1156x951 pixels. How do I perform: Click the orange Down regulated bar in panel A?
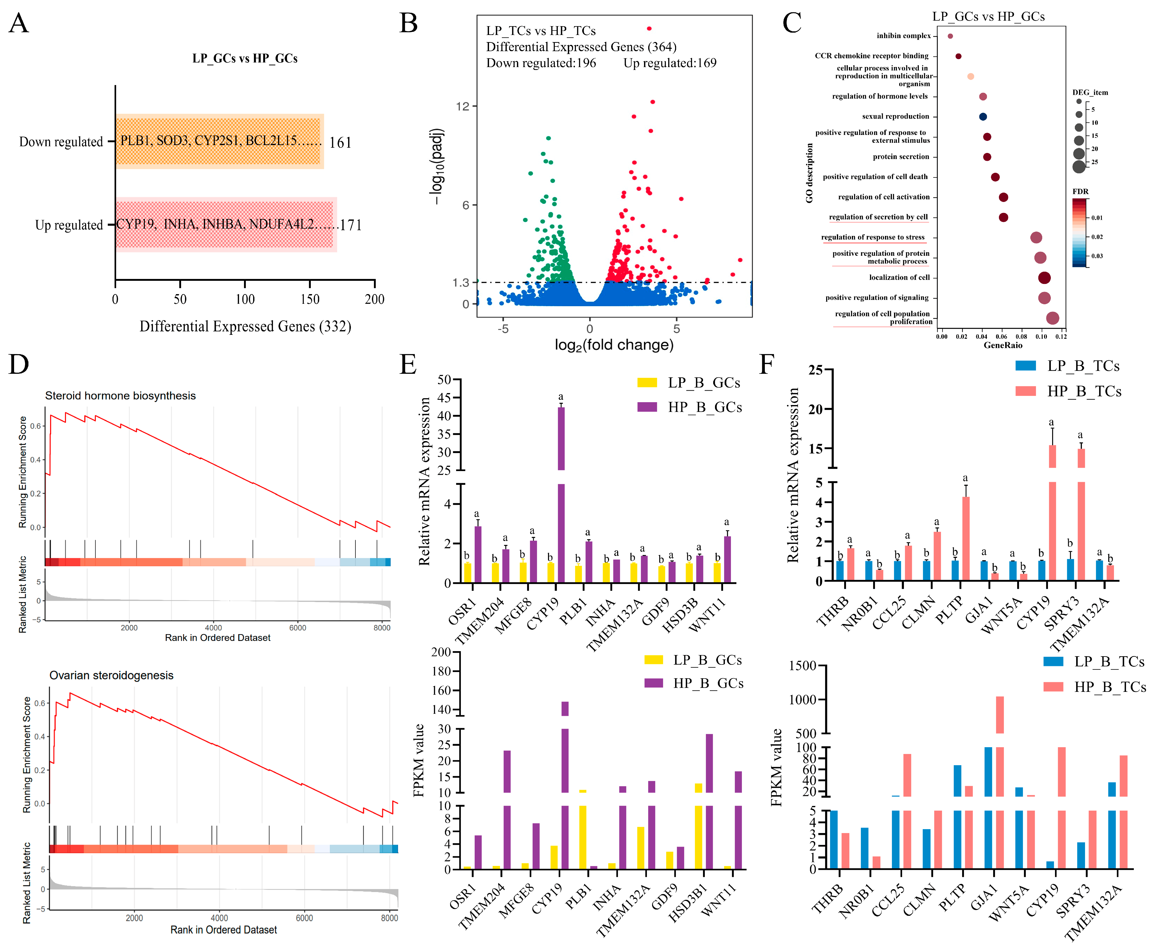click(219, 141)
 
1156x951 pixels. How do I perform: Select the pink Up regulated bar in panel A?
click(226, 225)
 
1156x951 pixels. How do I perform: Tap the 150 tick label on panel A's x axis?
click(310, 299)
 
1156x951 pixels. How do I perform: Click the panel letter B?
click(409, 23)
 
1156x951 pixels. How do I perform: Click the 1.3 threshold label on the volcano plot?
click(461, 283)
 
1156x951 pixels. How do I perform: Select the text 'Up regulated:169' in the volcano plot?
click(670, 63)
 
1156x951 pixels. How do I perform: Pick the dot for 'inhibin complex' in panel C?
click(950, 36)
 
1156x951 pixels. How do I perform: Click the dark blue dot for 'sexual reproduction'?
click(983, 117)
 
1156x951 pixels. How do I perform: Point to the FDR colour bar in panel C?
click(1079, 232)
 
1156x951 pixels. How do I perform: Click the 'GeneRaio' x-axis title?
click(1003, 345)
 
